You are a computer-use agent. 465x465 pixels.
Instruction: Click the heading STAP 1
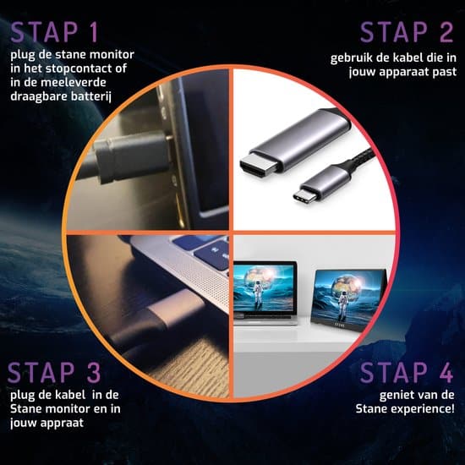[54, 32]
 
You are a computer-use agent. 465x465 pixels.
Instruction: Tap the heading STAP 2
[407, 32]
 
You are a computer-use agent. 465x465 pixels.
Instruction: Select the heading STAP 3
[54, 373]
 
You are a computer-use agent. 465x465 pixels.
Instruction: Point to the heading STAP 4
[407, 373]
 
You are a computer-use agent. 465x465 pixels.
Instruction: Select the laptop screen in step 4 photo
[265, 287]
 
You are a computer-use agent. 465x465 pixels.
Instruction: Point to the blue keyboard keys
[205, 250]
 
